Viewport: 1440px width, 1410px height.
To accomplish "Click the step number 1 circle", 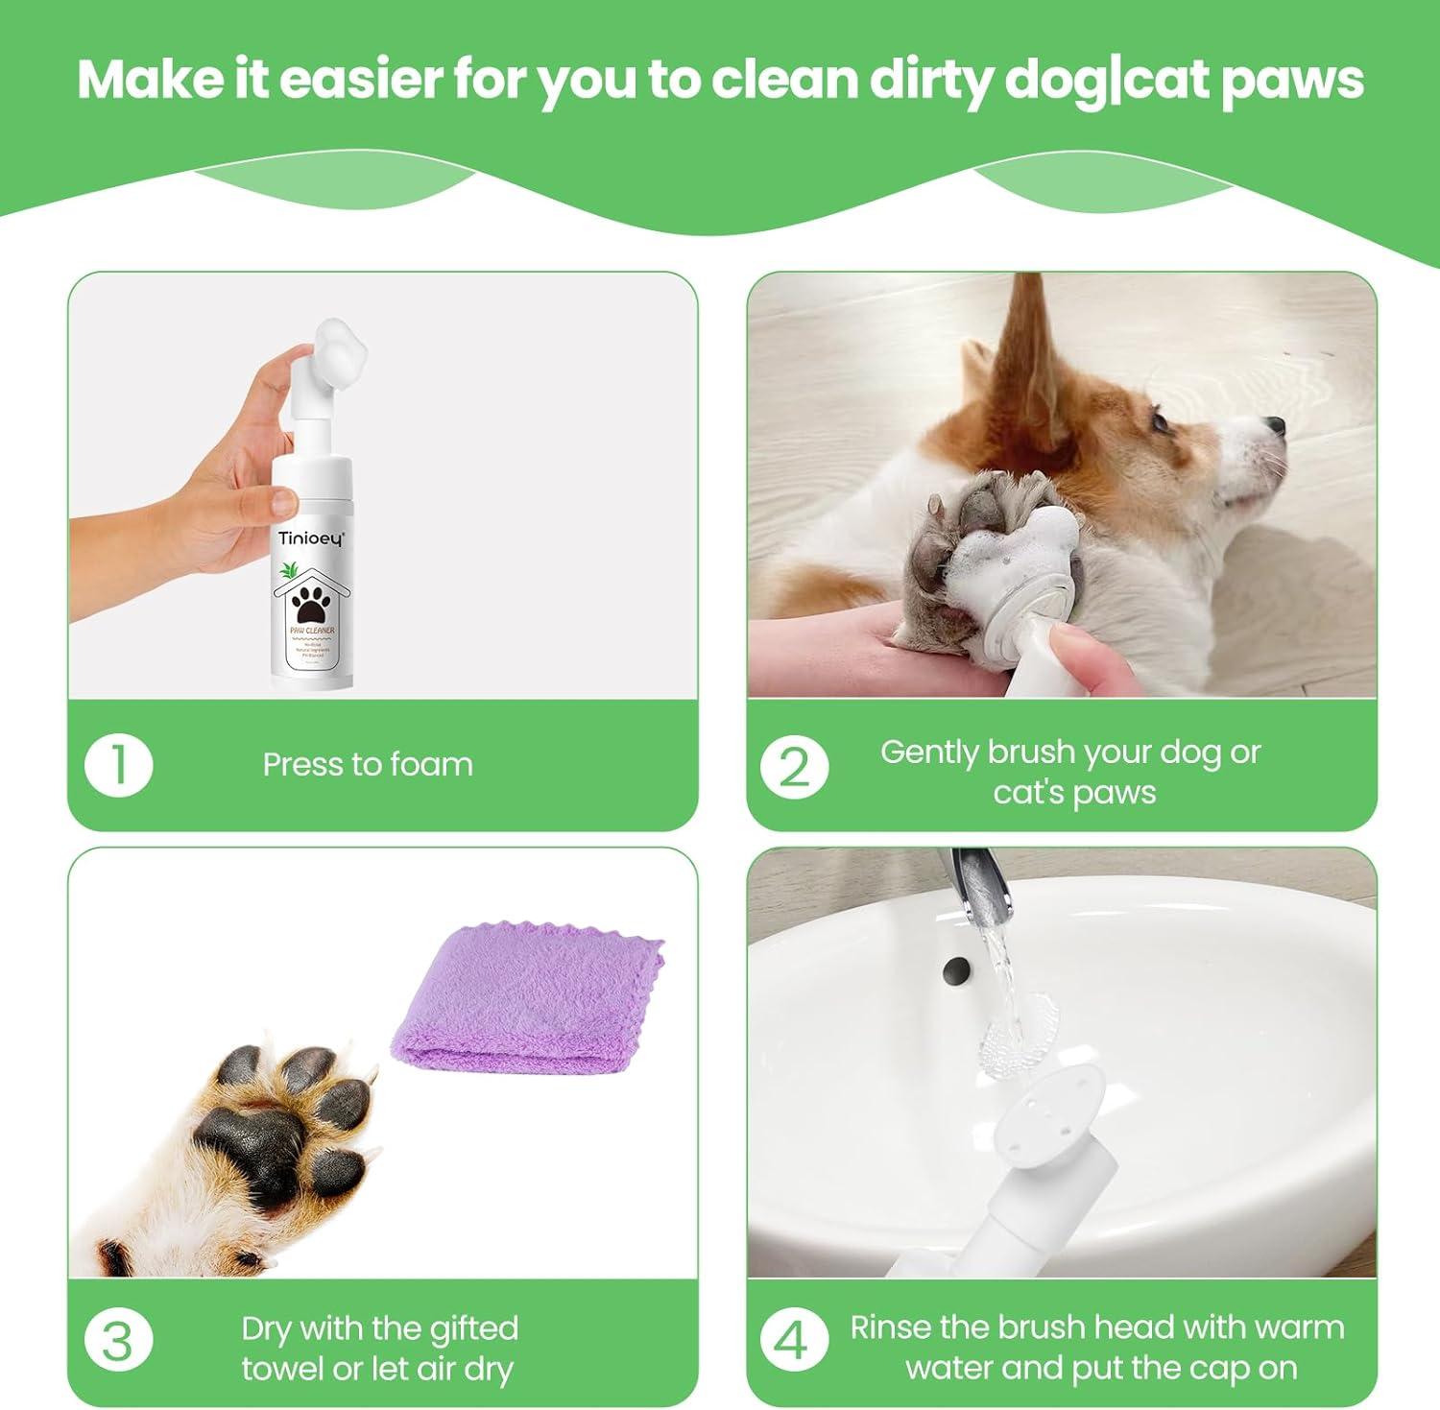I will point(118,765).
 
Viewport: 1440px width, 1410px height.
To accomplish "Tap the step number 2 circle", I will point(794,768).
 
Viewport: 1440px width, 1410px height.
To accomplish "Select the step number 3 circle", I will point(118,1341).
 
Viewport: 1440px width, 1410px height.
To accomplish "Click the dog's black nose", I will point(1274,423).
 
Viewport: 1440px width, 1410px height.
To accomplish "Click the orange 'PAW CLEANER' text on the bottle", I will point(311,631).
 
